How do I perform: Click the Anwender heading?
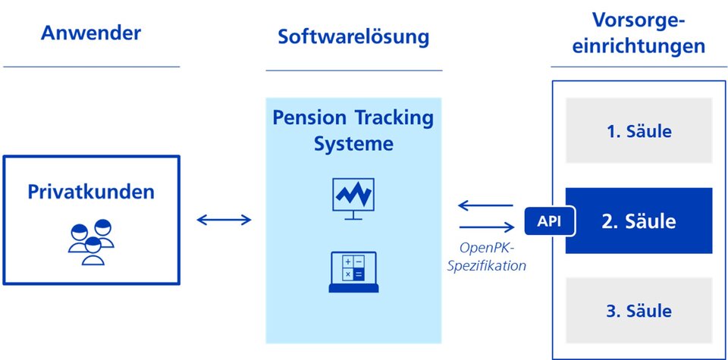click(x=91, y=33)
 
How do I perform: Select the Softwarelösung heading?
click(x=354, y=37)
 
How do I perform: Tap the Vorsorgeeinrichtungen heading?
click(x=639, y=33)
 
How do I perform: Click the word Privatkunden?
click(x=91, y=192)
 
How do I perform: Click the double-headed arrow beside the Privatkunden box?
click(x=224, y=220)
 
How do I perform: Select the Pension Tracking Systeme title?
click(x=353, y=131)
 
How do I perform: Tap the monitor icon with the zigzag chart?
click(x=353, y=199)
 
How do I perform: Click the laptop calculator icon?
click(x=353, y=272)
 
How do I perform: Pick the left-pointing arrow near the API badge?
click(x=485, y=205)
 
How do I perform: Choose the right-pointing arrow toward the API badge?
click(x=487, y=227)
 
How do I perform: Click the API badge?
click(x=549, y=221)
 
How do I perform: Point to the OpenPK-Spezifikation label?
click(x=487, y=257)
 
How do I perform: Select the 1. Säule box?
click(x=639, y=130)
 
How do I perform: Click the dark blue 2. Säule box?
click(x=639, y=221)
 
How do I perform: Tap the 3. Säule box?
click(x=639, y=311)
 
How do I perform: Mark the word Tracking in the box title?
click(x=394, y=119)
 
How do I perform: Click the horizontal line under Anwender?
click(x=91, y=67)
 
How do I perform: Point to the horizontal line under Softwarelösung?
click(x=354, y=70)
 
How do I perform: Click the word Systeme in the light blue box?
click(x=353, y=144)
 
